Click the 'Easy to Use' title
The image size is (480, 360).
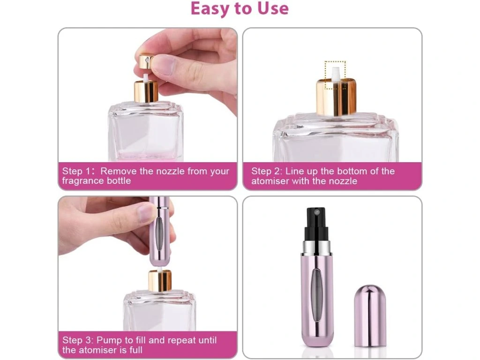click(x=240, y=8)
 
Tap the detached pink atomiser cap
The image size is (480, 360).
click(x=370, y=315)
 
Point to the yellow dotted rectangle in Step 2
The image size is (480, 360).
click(x=335, y=75)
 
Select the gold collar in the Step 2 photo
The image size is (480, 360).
click(x=336, y=96)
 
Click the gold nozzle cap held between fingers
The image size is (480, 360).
click(x=146, y=61)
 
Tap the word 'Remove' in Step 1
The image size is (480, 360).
click(x=119, y=171)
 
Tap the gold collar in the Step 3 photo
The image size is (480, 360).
click(x=160, y=280)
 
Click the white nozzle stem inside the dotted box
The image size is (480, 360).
click(x=336, y=74)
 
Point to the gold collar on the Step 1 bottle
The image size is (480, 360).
click(x=146, y=91)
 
